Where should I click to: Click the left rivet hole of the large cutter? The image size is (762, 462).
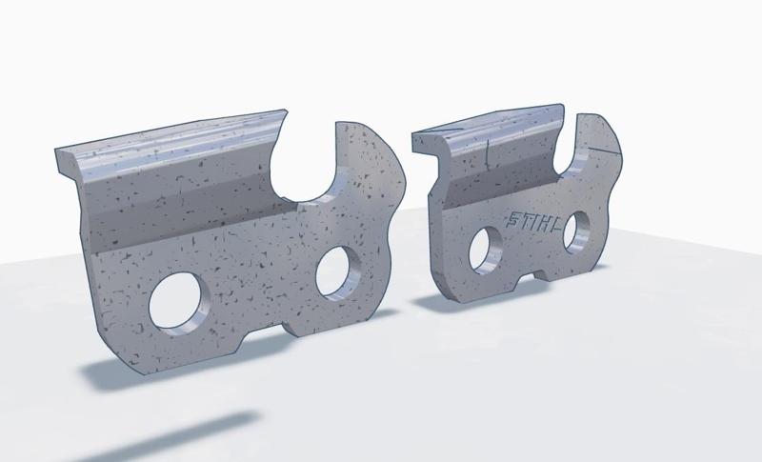(x=180, y=300)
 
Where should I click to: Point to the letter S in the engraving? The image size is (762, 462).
(x=511, y=220)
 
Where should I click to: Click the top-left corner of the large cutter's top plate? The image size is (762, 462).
(x=58, y=150)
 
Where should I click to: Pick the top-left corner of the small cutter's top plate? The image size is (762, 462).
(x=414, y=136)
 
